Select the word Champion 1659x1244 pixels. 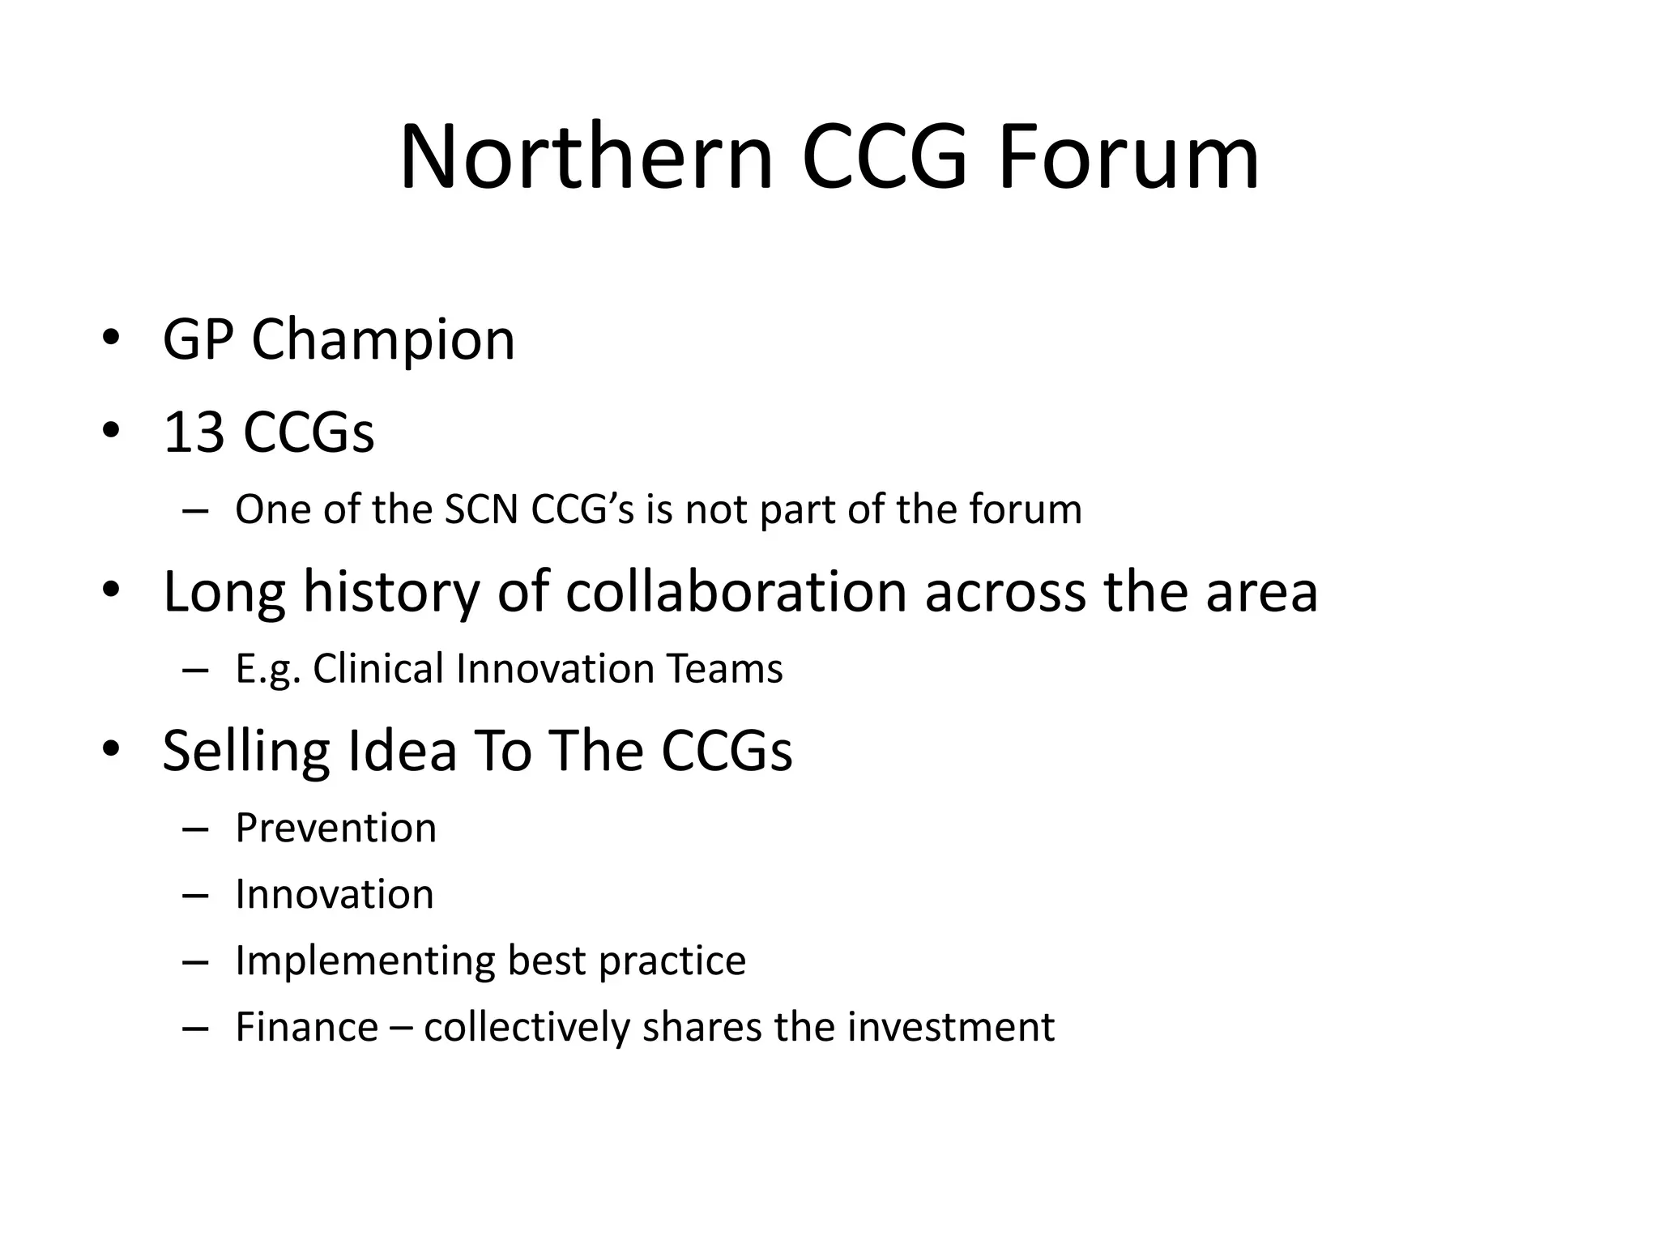pyautogui.click(x=383, y=340)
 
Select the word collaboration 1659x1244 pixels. pyautogui.click(x=736, y=592)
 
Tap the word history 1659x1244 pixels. pyautogui.click(x=391, y=592)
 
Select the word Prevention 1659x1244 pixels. pyautogui.click(x=335, y=829)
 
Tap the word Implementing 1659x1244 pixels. pyautogui.click(x=364, y=961)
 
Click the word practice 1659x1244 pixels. pyautogui.click(x=672, y=961)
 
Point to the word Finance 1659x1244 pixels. pyautogui.click(x=307, y=1028)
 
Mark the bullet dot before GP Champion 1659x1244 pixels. pyautogui.click(x=111, y=338)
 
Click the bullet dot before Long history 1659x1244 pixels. pyautogui.click(x=111, y=590)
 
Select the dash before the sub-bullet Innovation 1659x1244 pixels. pyautogui.click(x=196, y=896)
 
